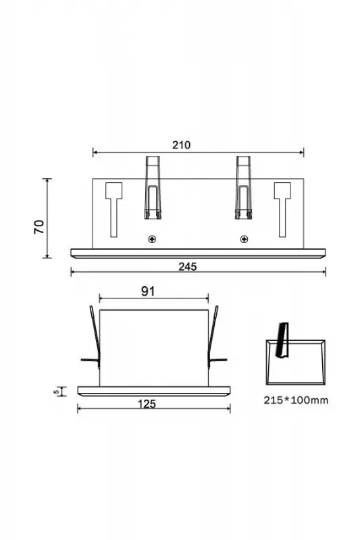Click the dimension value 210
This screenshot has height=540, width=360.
pos(182,144)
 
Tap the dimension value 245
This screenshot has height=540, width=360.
pos(188,267)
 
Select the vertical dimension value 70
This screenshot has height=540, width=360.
pos(39,226)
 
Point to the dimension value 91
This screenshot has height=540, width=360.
pos(149,292)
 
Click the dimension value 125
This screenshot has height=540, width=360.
pos(147,404)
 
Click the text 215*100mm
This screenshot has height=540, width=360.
pos(296,400)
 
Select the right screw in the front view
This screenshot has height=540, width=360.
pos(244,239)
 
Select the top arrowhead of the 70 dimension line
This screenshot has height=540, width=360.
pos(47,180)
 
